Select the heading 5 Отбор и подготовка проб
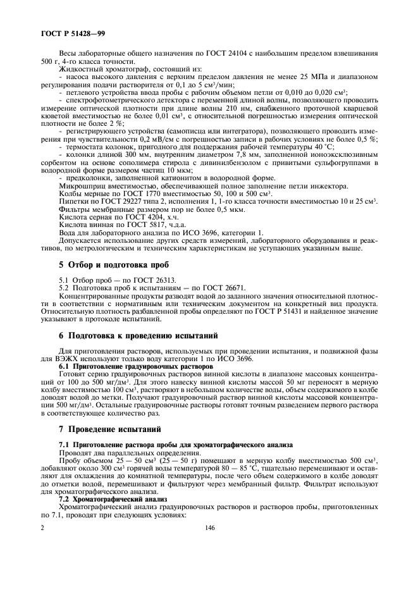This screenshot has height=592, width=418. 114,264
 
